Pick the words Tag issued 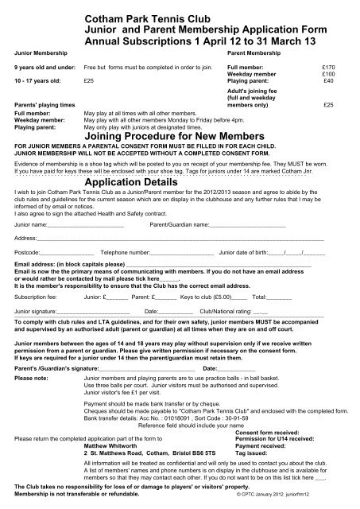pyautogui.click(x=254, y=452)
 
